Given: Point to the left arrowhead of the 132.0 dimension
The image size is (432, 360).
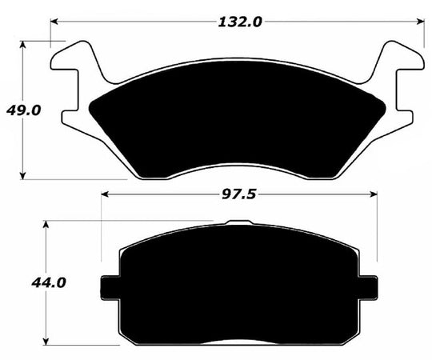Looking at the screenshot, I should point(54,22).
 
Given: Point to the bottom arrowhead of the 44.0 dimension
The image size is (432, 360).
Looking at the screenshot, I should point(49,341).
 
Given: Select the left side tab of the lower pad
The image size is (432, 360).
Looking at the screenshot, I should point(109,286).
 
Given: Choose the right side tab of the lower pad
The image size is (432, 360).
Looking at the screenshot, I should point(369,286).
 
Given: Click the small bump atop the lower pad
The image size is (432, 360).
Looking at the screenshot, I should point(239,223).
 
